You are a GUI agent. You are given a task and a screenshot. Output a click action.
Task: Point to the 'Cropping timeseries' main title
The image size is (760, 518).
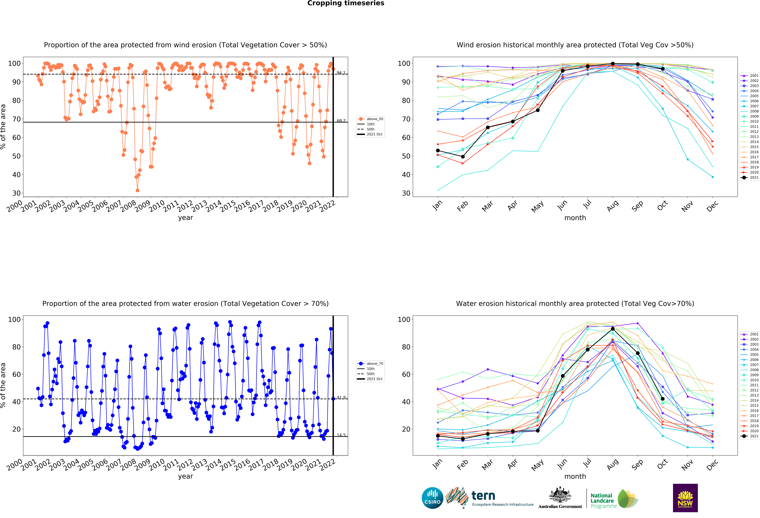346,3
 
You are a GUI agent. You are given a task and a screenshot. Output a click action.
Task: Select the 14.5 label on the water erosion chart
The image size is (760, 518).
341,435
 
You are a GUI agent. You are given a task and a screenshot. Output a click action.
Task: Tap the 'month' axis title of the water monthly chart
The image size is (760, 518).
575,476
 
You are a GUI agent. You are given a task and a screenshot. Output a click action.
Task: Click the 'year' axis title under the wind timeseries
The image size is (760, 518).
185,218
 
